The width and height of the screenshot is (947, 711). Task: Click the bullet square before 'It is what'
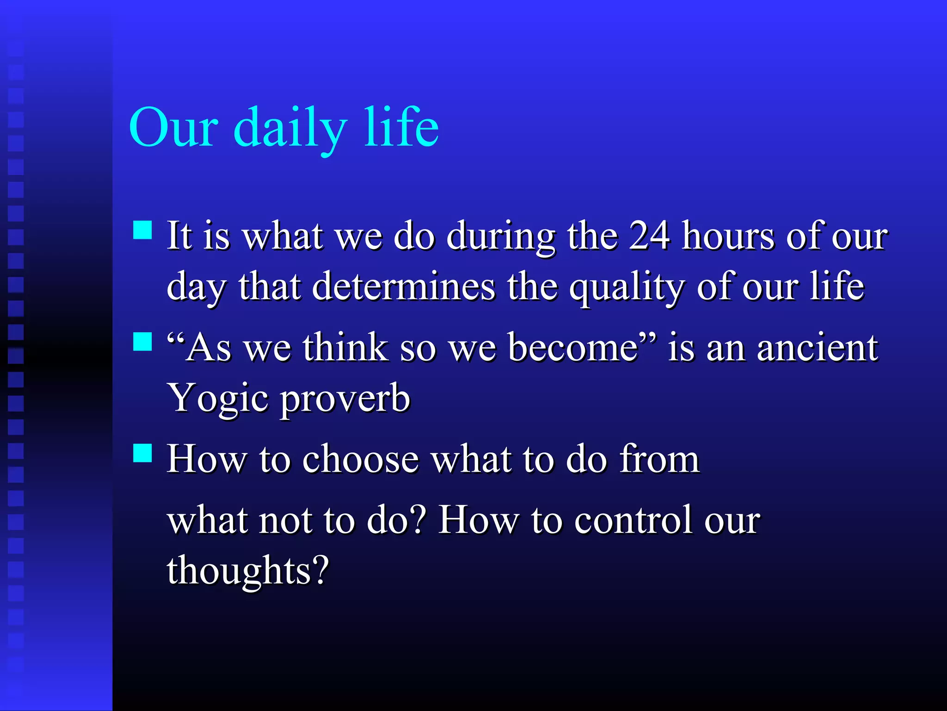coord(142,230)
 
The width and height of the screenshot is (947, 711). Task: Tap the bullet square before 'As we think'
coord(142,342)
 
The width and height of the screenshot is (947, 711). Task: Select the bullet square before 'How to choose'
coord(142,453)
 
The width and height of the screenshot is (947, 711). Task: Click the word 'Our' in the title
coord(173,127)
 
